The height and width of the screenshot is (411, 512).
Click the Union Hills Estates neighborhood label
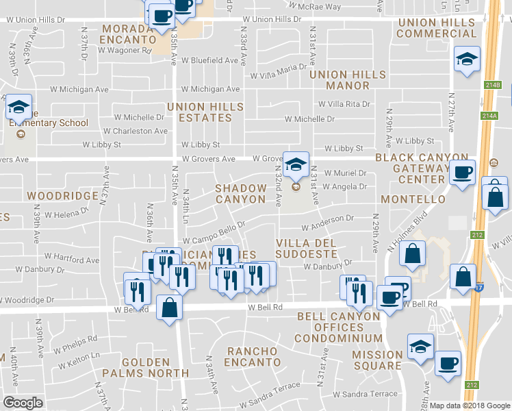click(x=205, y=112)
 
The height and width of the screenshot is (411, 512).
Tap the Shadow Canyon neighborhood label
click(x=240, y=193)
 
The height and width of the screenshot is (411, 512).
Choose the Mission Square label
click(x=377, y=360)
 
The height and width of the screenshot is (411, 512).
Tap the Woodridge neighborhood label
click(x=62, y=195)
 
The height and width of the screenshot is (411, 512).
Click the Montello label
click(x=413, y=199)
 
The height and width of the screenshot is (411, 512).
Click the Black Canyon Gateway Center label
click(x=422, y=168)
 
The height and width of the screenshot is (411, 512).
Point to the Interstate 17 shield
click(x=478, y=290)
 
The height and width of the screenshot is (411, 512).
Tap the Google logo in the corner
click(x=23, y=403)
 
